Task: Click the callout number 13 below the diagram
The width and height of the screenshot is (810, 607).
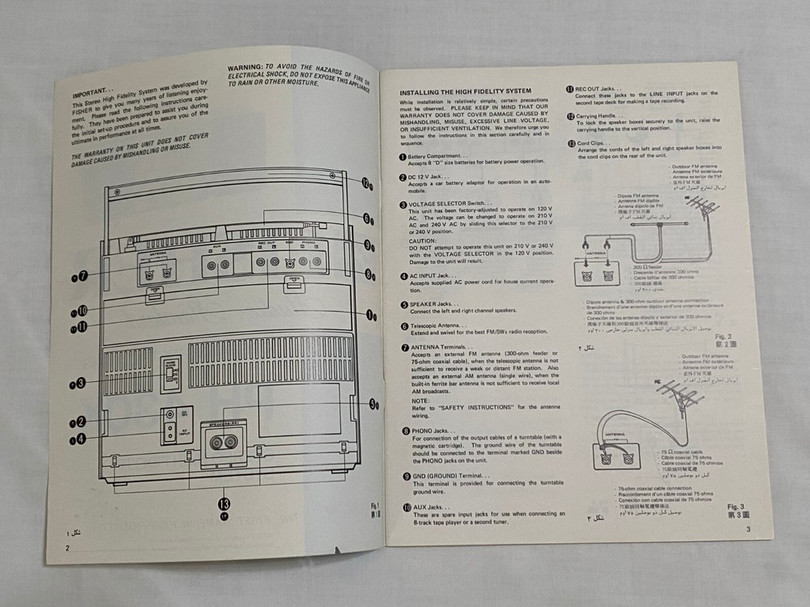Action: click(x=224, y=501)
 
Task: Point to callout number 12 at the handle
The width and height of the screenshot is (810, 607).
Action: click(x=366, y=184)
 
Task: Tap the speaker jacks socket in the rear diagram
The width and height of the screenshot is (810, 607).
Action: click(x=223, y=442)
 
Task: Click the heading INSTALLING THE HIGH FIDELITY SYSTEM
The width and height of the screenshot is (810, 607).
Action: click(x=465, y=91)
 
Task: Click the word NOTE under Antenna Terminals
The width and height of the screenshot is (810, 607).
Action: click(x=420, y=401)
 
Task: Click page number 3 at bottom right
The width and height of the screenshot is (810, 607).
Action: click(x=748, y=529)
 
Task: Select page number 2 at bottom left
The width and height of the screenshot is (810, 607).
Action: click(x=69, y=548)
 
